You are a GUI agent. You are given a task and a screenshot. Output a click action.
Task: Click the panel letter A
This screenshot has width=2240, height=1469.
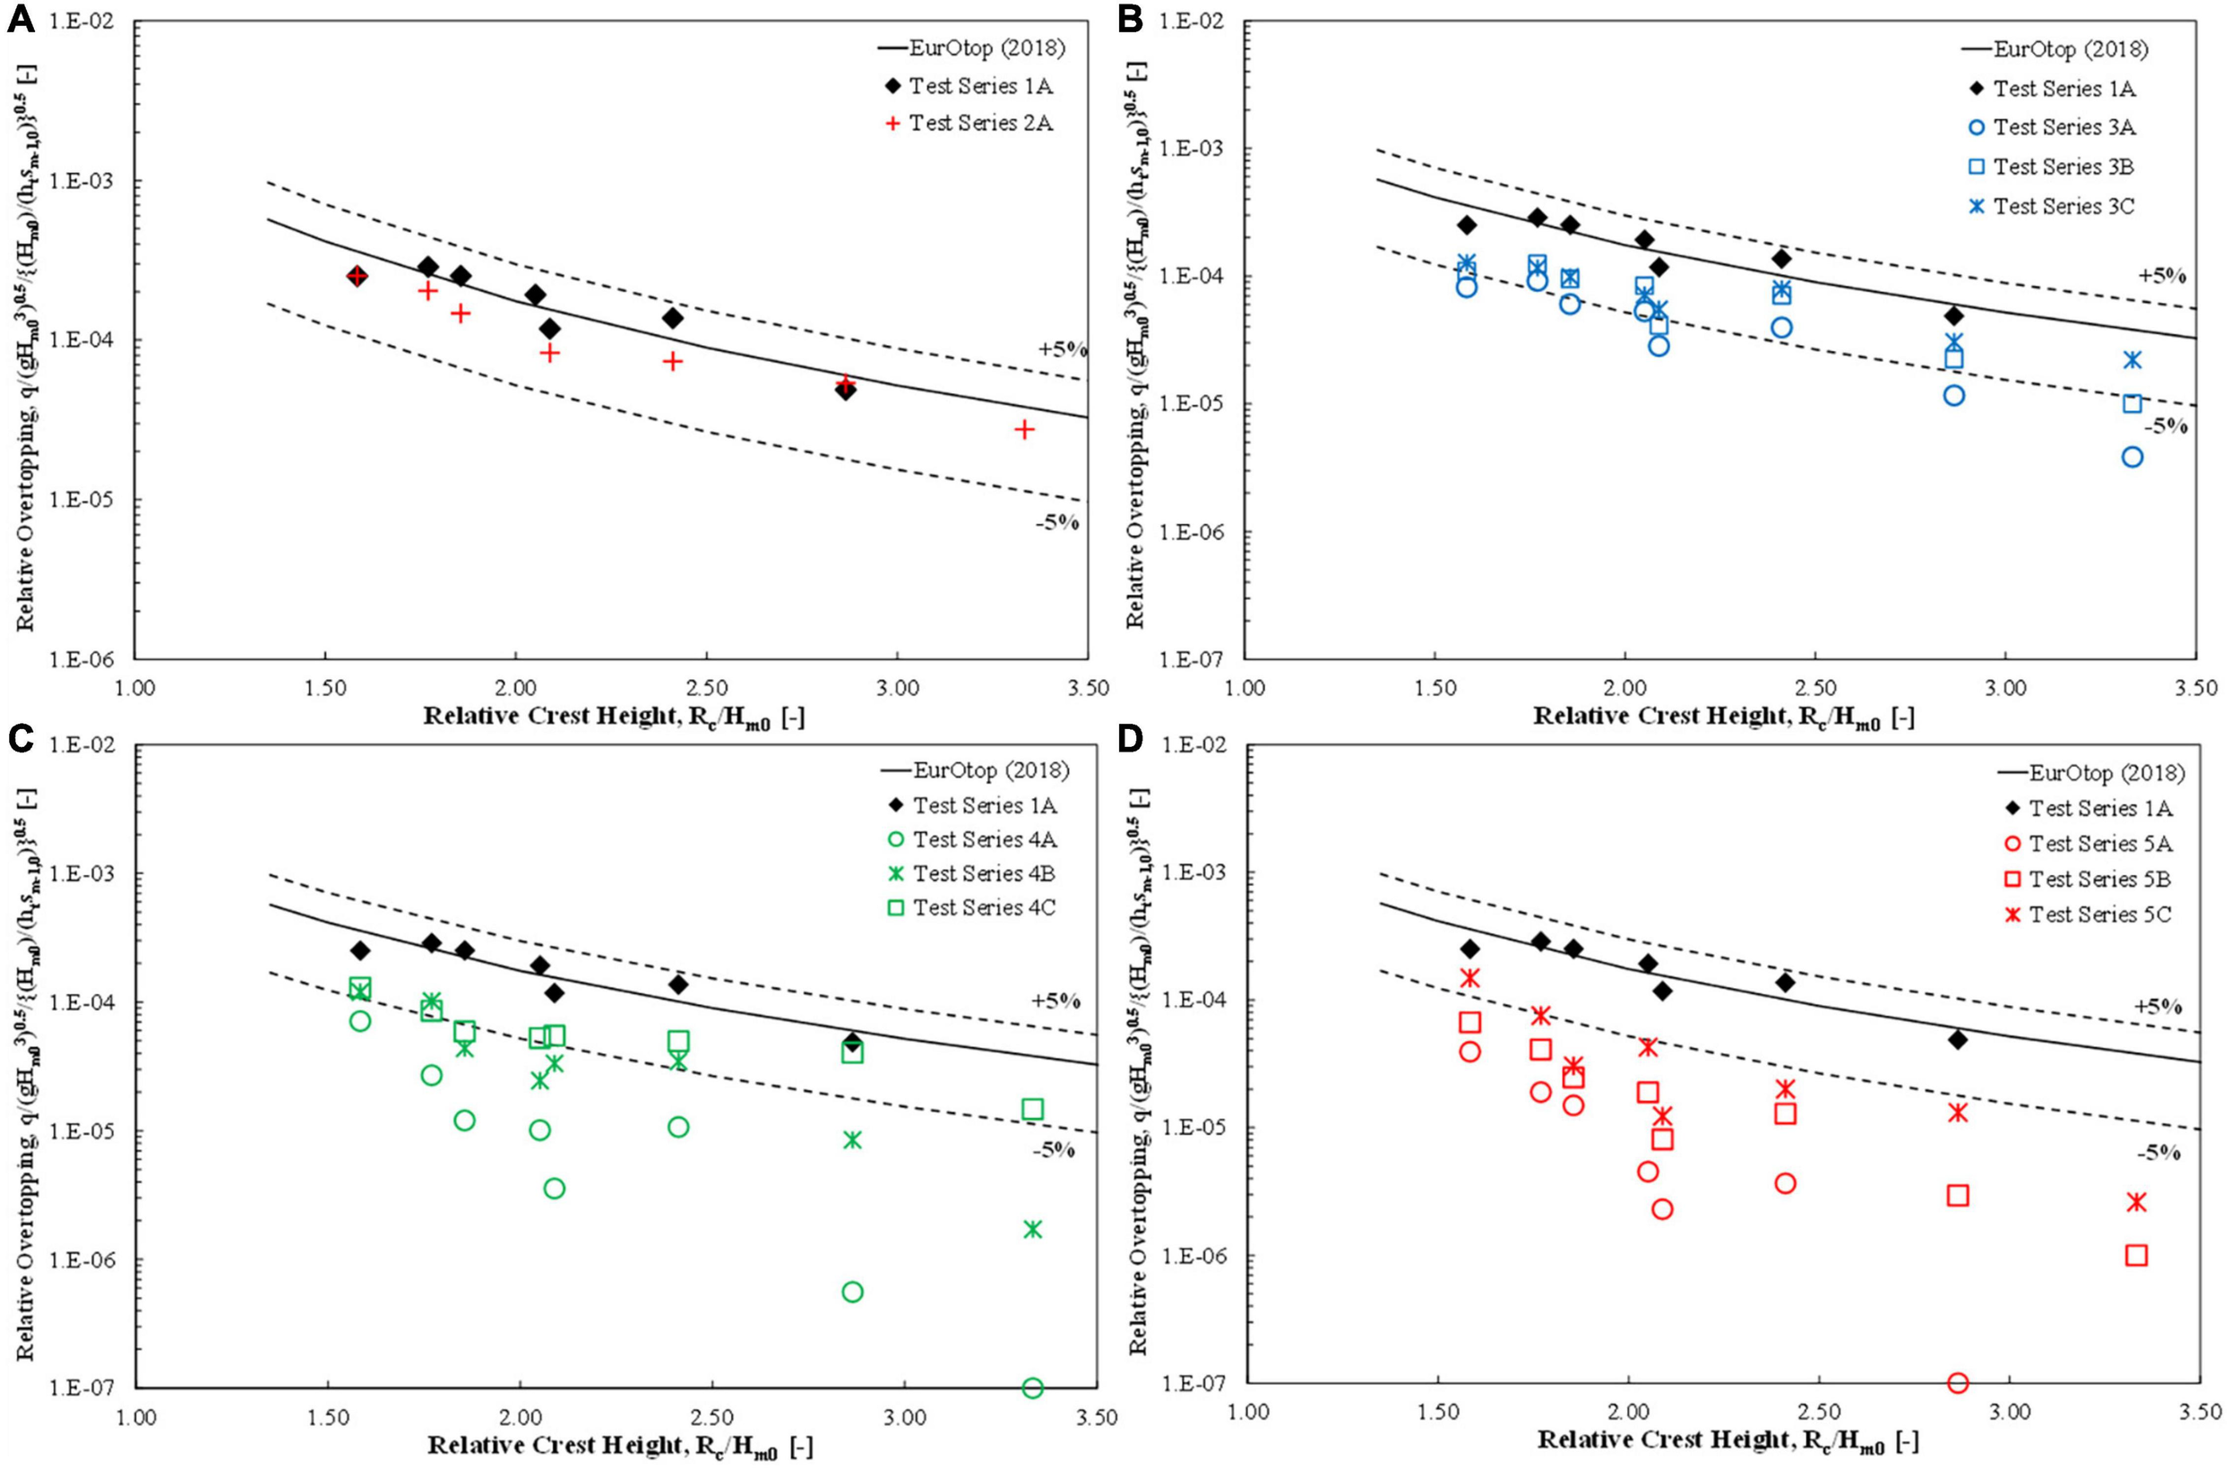[21, 19]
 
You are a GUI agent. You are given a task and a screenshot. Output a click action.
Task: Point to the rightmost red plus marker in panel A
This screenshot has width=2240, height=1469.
[1024, 430]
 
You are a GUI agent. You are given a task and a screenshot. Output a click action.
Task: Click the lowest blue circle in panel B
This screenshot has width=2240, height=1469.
[2132, 458]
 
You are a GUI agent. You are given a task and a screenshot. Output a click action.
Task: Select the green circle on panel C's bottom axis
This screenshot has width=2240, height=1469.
[1032, 1388]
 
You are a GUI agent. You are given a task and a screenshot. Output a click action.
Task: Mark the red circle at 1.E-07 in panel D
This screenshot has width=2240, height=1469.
[1958, 1383]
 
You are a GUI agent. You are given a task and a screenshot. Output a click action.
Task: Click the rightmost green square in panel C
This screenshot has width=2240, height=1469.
[1032, 1110]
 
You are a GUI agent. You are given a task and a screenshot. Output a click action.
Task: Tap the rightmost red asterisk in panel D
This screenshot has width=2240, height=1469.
[2136, 1203]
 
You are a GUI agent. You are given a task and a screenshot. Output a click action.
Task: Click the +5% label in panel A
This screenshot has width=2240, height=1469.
[1061, 350]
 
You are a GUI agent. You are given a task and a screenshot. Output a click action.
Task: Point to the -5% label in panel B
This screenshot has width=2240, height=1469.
[2166, 426]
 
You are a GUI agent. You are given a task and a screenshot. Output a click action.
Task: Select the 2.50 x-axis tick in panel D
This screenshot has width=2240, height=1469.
[1818, 1414]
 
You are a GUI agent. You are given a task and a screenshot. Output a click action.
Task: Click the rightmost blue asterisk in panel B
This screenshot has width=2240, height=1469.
[2132, 360]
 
